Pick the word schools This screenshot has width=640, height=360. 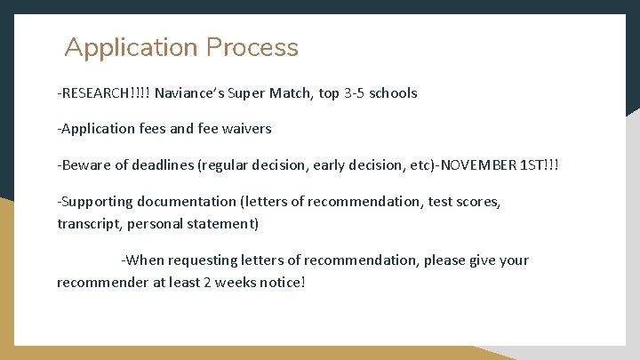point(396,92)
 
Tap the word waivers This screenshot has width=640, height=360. point(245,129)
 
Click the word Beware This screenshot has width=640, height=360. point(84,165)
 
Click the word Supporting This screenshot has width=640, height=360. point(94,202)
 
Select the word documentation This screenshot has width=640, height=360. point(184,202)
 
